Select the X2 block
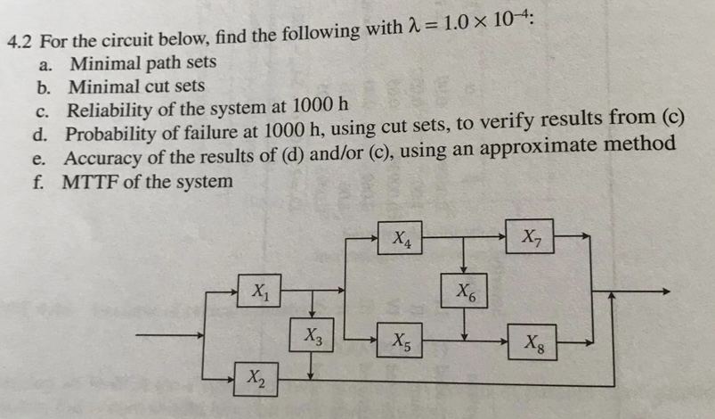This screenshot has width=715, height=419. pos(256,379)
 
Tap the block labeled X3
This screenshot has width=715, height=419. pos(311,337)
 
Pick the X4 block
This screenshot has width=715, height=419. pos(401,238)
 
